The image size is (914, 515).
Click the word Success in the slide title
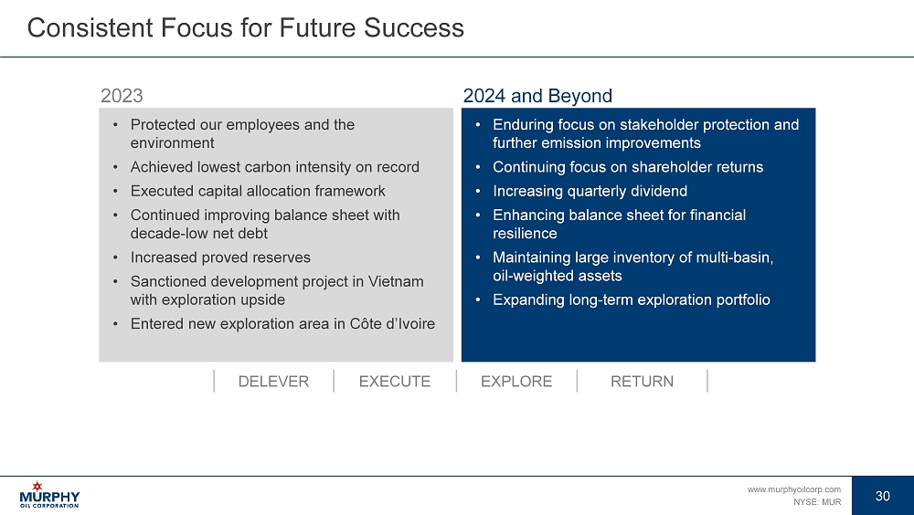(x=414, y=27)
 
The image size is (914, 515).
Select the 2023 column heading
(x=122, y=96)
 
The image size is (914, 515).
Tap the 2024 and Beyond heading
(x=537, y=96)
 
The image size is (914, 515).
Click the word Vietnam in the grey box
(x=396, y=281)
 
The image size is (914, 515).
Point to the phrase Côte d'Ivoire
(x=392, y=324)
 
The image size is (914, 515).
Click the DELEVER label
(x=273, y=382)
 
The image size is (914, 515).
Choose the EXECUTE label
(x=395, y=382)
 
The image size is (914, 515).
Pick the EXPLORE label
(x=516, y=382)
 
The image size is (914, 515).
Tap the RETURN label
(x=642, y=382)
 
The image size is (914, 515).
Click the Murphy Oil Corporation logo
(x=49, y=495)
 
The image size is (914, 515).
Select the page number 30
(x=883, y=496)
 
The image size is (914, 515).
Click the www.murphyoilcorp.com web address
(x=794, y=489)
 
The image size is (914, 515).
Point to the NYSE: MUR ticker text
(x=816, y=501)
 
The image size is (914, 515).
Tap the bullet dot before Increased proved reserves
(x=115, y=257)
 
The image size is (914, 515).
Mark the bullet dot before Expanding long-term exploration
(x=478, y=300)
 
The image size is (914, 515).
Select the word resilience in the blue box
(x=525, y=234)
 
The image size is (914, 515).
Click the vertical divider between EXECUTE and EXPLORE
(x=456, y=381)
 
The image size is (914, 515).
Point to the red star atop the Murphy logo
(x=37, y=486)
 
